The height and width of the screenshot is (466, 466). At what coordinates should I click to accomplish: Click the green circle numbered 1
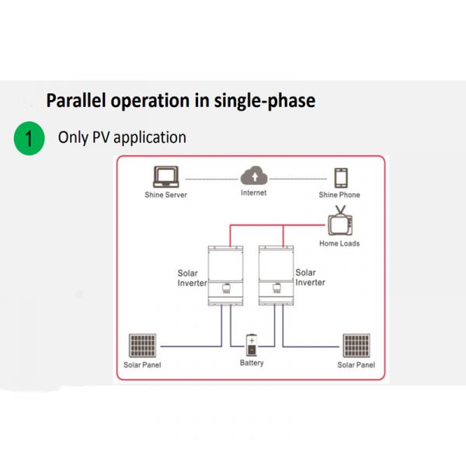coord(30,138)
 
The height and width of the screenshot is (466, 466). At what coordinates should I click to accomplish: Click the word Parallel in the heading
coord(76,100)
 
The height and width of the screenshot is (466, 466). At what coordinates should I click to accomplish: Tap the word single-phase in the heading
coord(265,102)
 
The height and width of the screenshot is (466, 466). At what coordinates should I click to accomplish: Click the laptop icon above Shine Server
coord(166,177)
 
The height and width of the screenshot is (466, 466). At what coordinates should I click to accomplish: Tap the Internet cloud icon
coord(254,176)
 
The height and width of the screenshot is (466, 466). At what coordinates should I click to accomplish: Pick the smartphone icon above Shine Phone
coord(341,178)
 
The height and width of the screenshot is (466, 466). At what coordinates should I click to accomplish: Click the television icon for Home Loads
coord(340,221)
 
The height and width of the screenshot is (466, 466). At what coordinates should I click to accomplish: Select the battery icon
coord(252,346)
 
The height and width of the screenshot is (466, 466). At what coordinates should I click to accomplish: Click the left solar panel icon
coord(142,346)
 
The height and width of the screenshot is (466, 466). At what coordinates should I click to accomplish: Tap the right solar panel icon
coord(356,346)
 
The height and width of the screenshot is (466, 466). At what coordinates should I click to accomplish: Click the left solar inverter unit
coord(225,276)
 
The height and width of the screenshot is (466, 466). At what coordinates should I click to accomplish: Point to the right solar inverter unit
coord(276,276)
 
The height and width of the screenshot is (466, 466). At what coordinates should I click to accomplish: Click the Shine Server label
coord(166,195)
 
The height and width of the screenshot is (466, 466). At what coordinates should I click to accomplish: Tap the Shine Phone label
coord(339,195)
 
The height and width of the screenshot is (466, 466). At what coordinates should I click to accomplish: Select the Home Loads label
coord(339,244)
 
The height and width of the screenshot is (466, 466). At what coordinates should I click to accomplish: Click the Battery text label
coord(252,363)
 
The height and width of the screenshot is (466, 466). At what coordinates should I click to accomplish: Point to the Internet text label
coord(253,193)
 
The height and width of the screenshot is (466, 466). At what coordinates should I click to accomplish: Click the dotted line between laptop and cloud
coord(212,179)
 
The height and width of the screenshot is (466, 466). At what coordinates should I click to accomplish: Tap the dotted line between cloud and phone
coord(298,179)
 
